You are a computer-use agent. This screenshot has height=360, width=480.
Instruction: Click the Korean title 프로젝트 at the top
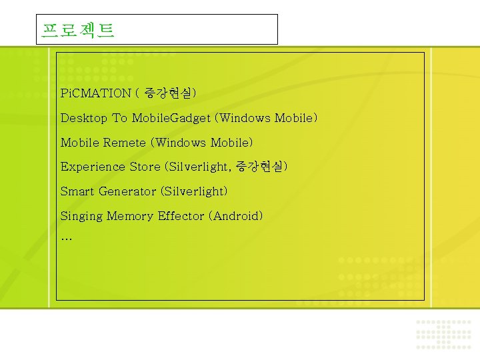coord(78,30)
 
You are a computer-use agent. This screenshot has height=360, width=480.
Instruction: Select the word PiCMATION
coord(96,93)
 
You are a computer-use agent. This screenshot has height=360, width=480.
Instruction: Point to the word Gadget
coord(191,118)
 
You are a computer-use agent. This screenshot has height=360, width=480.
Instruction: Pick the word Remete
coord(125,143)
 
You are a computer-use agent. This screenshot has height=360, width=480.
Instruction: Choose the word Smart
coord(77,191)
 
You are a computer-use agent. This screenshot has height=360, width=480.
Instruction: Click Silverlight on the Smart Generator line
coord(194,191)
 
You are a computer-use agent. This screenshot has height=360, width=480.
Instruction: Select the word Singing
coord(81,216)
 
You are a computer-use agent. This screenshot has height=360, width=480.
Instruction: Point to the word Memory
coord(130,216)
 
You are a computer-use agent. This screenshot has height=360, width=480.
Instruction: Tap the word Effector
coord(181,216)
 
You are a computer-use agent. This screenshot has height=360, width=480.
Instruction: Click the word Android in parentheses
coord(236,216)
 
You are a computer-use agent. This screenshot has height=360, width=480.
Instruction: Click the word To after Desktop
coord(119,118)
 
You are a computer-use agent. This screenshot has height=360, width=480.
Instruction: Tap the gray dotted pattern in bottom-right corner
coord(443,333)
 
